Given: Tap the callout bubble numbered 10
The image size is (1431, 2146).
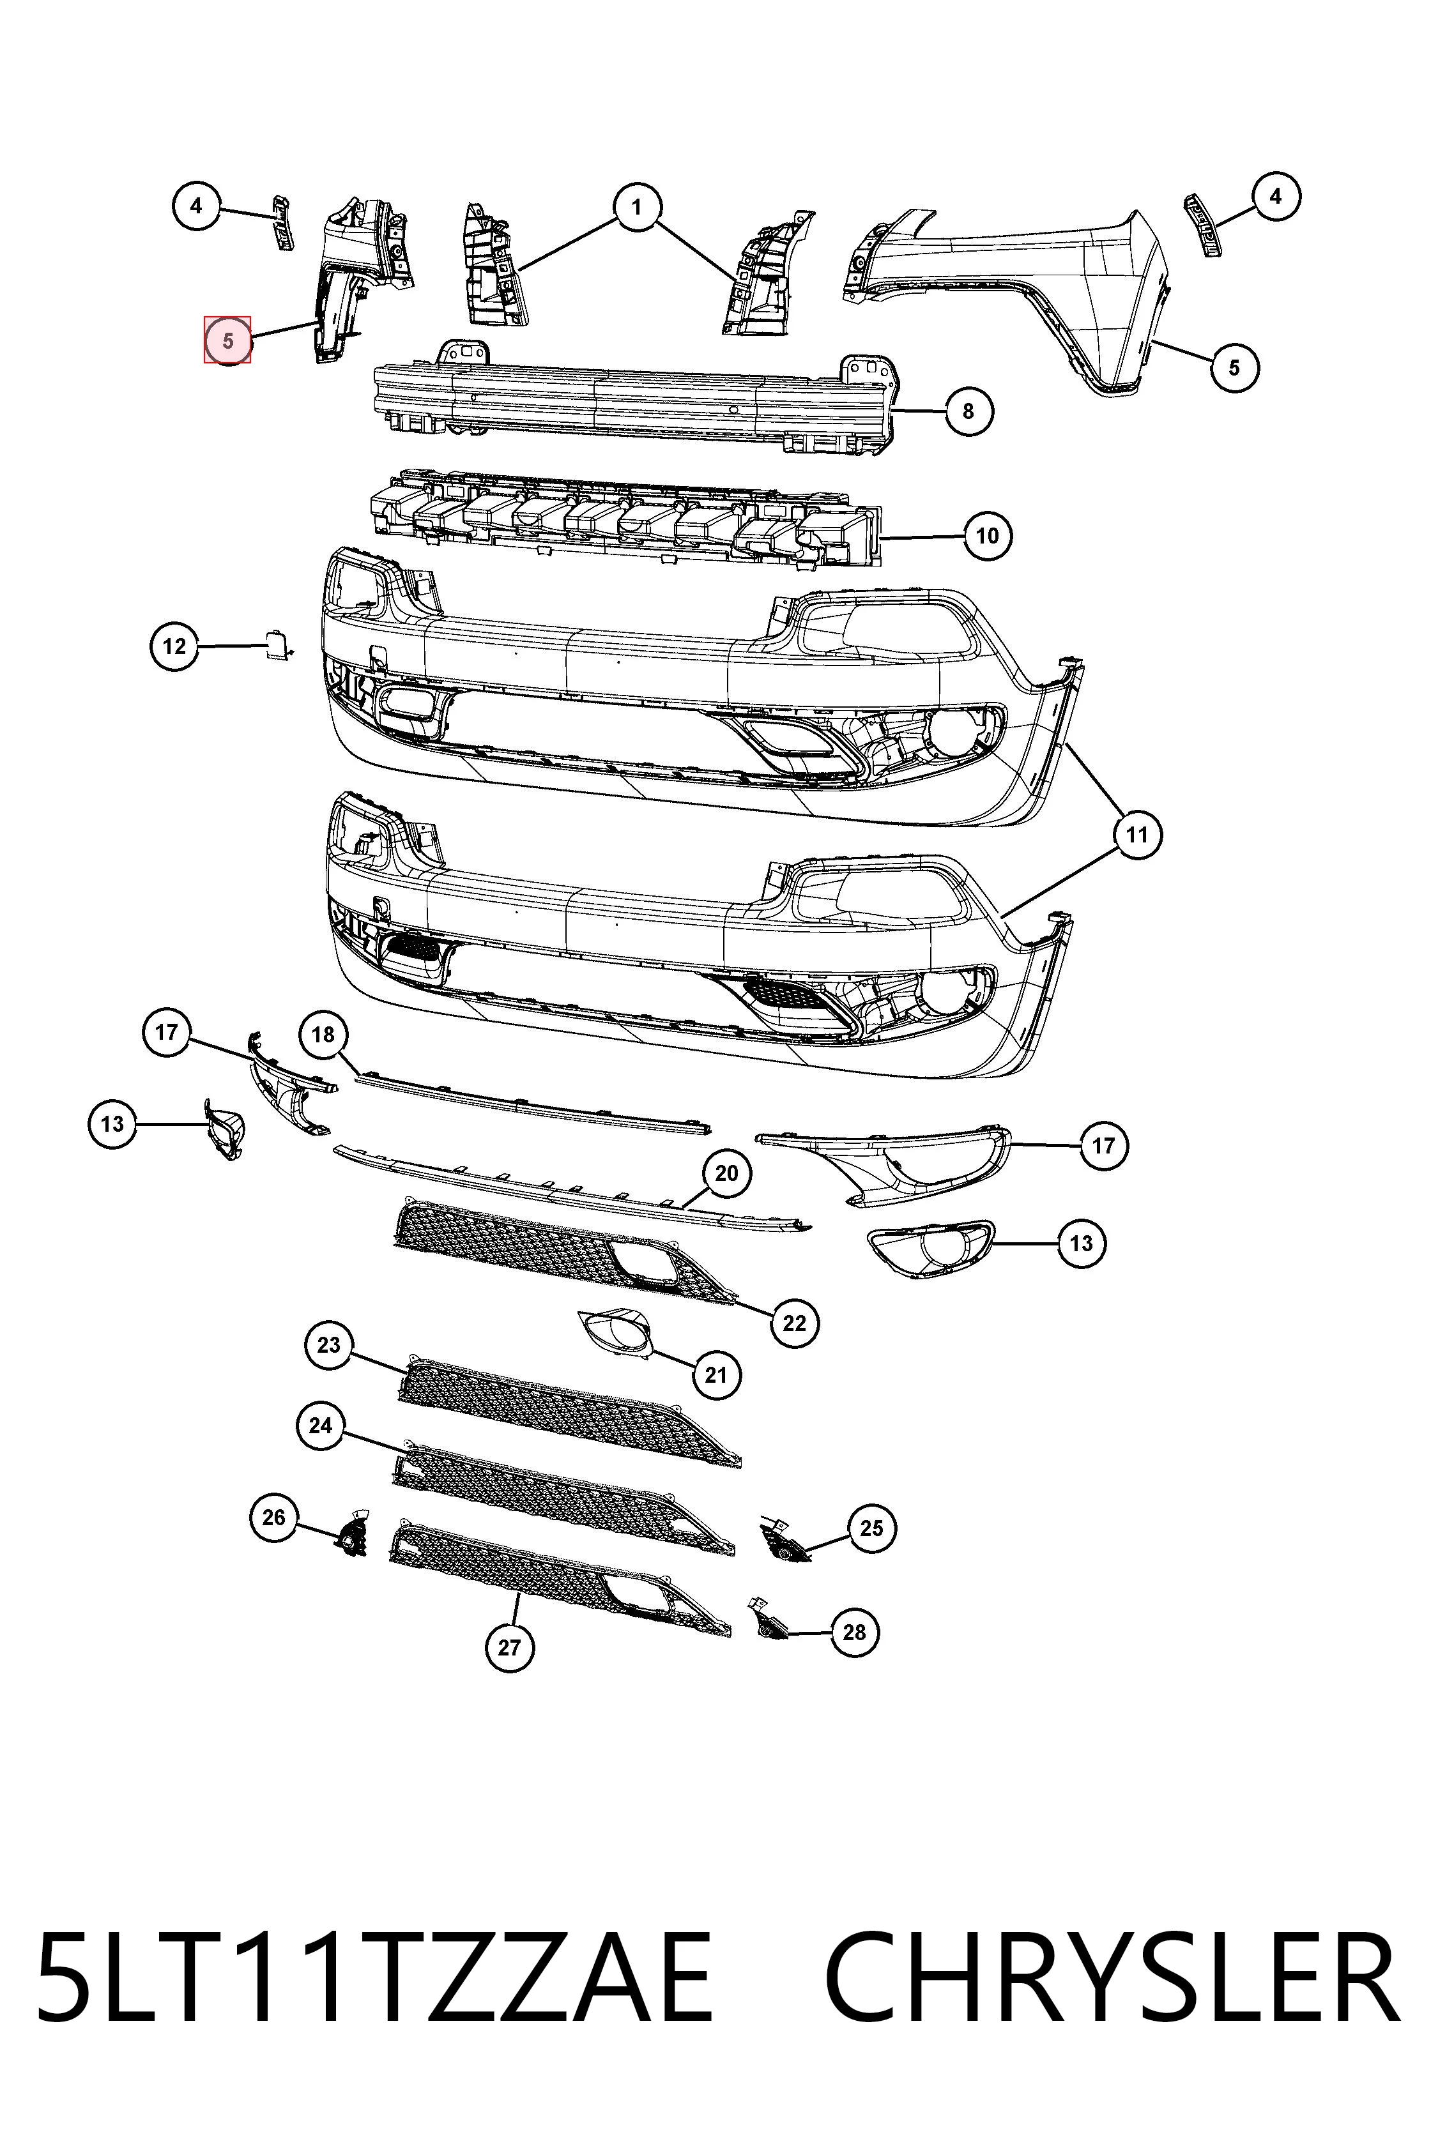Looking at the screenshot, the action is pyautogui.click(x=988, y=536).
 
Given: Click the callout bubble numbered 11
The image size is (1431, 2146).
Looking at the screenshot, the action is pyautogui.click(x=1136, y=835).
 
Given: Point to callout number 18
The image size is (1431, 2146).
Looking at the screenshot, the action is pyautogui.click(x=324, y=1035).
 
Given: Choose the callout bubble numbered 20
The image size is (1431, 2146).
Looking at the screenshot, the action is pyautogui.click(x=726, y=1173).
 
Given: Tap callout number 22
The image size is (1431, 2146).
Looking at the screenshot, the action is pyautogui.click(x=794, y=1322).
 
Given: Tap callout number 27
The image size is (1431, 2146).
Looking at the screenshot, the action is pyautogui.click(x=509, y=1648).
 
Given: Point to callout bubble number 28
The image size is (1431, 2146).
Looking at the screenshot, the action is pyautogui.click(x=854, y=1631).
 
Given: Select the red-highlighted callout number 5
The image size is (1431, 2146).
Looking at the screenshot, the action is pyautogui.click(x=227, y=340).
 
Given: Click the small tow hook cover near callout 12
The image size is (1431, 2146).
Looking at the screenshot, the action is pyautogui.click(x=277, y=644).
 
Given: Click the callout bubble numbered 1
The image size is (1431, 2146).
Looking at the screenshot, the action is pyautogui.click(x=636, y=207).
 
